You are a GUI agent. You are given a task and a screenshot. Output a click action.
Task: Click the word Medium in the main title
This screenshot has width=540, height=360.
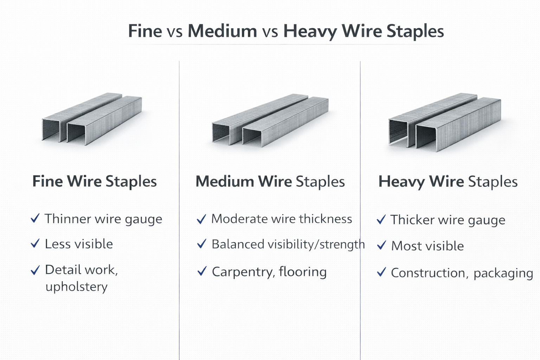coord(222,31)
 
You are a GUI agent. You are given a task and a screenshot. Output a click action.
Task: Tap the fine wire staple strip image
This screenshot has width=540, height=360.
coord(92,119)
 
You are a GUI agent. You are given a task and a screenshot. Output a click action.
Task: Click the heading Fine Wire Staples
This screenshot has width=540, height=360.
coord(94,181)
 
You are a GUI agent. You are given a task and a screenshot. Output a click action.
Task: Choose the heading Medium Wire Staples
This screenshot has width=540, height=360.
coord(270,182)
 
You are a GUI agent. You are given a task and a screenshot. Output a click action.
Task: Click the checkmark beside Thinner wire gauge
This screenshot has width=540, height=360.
coord(35,218)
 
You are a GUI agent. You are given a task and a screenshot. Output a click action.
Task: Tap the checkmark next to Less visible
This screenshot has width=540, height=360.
coord(35,243)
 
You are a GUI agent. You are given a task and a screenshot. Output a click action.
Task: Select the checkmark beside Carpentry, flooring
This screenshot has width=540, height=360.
coord(202,271)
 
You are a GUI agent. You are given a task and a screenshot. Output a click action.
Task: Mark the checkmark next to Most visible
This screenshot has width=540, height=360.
coord(381,245)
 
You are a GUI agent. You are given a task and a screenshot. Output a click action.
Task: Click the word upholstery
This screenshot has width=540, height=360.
coord(76,287)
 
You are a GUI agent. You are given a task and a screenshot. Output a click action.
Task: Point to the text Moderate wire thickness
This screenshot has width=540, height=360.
coord(282,219)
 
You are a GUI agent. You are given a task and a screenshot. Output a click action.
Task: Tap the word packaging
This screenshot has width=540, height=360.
coord(503,273)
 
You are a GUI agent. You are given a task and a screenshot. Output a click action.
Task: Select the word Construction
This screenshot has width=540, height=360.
coord(429,273)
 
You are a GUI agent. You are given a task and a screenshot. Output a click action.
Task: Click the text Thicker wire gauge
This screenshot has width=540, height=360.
coord(448,220)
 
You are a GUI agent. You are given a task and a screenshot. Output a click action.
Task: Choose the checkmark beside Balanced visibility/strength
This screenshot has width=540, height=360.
coord(201,244)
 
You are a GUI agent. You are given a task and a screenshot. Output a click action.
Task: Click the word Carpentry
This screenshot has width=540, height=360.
coord(243,272)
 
